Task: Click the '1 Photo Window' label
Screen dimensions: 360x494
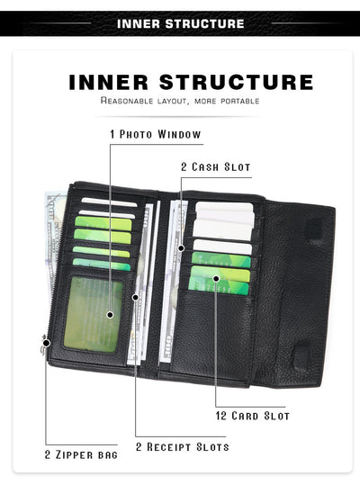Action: pyautogui.click(x=156, y=134)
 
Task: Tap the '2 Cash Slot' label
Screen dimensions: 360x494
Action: pyautogui.click(x=216, y=166)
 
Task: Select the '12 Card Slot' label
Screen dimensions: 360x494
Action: pyautogui.click(x=253, y=416)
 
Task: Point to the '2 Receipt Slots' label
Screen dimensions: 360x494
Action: pyautogui.click(x=183, y=446)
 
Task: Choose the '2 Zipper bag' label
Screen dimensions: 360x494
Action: pyautogui.click(x=81, y=454)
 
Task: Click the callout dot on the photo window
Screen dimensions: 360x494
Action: pyautogui.click(x=110, y=315)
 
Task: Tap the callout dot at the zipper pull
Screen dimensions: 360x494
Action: pyautogui.click(x=46, y=343)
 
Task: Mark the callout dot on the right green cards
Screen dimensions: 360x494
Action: pyautogui.click(x=216, y=279)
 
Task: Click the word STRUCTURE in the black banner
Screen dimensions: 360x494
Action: pyautogui.click(x=204, y=23)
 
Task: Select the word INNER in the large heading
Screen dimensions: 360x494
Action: pyautogui.click(x=109, y=82)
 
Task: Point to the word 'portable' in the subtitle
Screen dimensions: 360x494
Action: pyautogui.click(x=240, y=101)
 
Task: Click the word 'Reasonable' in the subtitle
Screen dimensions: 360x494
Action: pyautogui.click(x=127, y=101)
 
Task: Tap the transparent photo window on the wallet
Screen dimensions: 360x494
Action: pyautogui.click(x=93, y=314)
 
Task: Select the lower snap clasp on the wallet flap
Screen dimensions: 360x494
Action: pyautogui.click(x=301, y=355)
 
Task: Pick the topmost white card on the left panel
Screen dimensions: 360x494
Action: pyautogui.click(x=109, y=202)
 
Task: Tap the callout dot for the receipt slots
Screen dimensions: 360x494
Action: pyautogui.click(x=135, y=297)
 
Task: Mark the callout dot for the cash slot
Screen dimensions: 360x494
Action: pyautogui.click(x=181, y=248)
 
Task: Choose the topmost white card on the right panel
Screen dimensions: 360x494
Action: pyautogui.click(x=224, y=207)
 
